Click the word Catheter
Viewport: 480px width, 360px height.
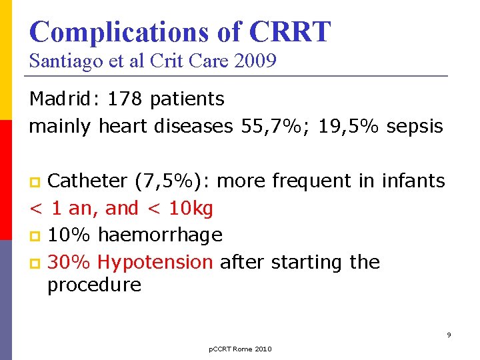[89, 181]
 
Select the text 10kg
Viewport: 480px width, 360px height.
[191, 209]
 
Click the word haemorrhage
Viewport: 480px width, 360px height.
[160, 235]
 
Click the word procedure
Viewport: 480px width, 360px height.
[94, 285]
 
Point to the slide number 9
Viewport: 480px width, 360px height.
[449, 335]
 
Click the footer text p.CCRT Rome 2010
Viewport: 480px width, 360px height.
[240, 349]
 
